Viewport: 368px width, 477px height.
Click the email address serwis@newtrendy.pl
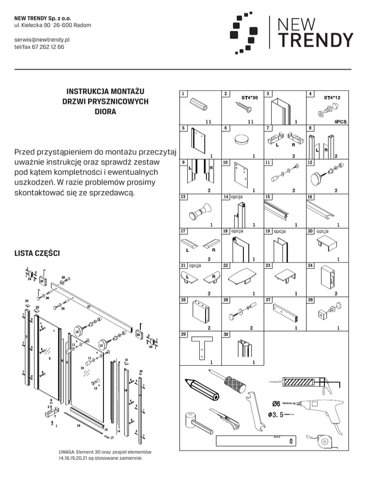click(x=43, y=40)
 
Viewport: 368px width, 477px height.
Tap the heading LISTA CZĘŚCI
click(x=37, y=253)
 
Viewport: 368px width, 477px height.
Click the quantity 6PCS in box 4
click(x=341, y=122)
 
